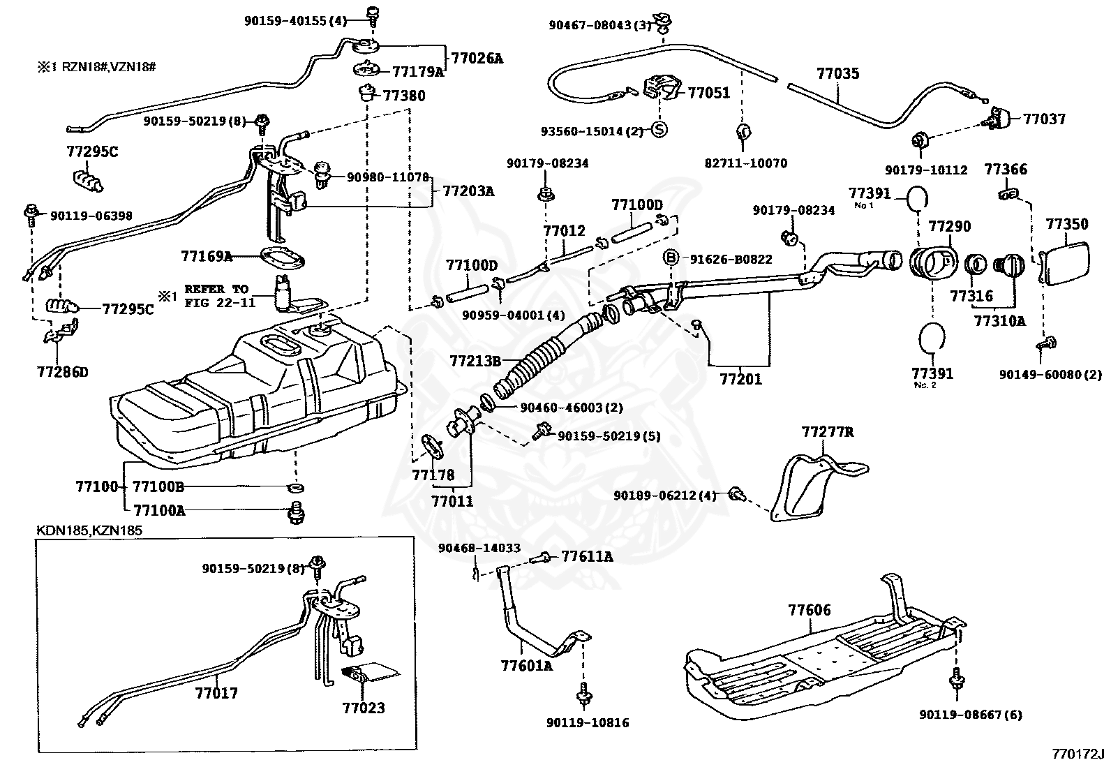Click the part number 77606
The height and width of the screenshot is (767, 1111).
810,610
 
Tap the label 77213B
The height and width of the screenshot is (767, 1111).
475,361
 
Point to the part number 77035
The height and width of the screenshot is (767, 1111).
837,73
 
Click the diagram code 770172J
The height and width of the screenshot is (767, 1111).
1078,754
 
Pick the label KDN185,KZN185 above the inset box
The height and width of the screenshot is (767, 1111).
89,530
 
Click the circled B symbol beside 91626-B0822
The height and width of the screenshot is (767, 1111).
670,259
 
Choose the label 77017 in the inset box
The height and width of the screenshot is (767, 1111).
216,693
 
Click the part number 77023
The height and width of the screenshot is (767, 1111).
363,708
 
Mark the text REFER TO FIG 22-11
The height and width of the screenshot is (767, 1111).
216,296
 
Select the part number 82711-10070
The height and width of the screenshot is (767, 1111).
745,163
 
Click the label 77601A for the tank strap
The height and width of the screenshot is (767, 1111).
526,665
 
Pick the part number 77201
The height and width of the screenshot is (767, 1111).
740,380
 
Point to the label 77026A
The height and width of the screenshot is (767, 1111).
477,59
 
